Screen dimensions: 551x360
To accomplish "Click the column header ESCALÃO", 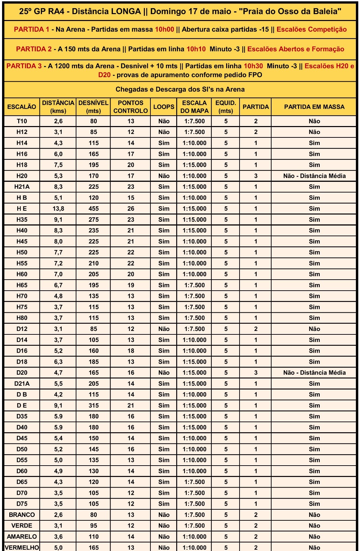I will [22, 107].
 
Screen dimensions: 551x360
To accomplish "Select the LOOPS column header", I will [164, 107].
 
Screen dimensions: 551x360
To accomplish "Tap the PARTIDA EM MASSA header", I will [314, 107].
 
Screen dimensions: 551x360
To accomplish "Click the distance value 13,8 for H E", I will [58, 209].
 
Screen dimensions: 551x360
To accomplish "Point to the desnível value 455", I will [94, 209].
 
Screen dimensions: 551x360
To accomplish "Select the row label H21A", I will [22, 187].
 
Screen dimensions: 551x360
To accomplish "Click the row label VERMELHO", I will [22, 548].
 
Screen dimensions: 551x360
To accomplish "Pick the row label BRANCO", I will [22, 515].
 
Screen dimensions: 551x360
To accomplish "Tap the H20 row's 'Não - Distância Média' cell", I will [314, 176].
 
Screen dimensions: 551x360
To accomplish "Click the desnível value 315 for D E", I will [94, 405].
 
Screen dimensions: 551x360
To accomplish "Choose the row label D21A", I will [22, 384].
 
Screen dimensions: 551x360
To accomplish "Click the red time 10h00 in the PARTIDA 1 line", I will [165, 30].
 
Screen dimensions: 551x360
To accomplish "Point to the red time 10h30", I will [253, 66].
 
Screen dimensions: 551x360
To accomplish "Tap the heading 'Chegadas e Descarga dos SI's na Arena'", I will [180, 90].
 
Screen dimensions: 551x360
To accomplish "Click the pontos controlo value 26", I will [131, 209].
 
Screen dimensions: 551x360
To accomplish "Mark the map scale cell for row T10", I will [194, 121].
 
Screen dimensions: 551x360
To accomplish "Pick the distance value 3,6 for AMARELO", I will [58, 537].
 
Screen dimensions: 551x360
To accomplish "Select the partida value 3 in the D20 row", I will [256, 373].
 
